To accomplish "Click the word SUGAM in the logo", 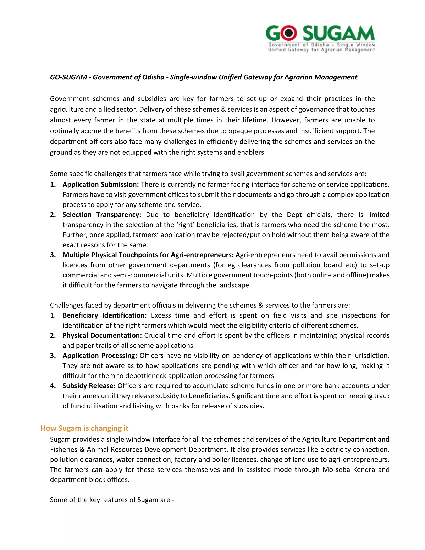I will click(x=338, y=33).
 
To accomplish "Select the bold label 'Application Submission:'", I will click(x=100, y=184).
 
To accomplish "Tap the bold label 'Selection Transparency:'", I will click(x=102, y=215).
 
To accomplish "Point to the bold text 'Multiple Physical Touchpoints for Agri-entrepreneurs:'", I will click(x=148, y=255).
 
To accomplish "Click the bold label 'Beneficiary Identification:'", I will click(x=105, y=315).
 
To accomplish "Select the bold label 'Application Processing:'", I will click(x=100, y=356).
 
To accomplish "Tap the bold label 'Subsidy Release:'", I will click(x=89, y=386).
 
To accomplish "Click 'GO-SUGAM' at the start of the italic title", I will click(x=68, y=77).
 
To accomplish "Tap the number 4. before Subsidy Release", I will click(x=53, y=386).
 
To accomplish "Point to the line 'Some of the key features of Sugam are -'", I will click(x=112, y=500).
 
